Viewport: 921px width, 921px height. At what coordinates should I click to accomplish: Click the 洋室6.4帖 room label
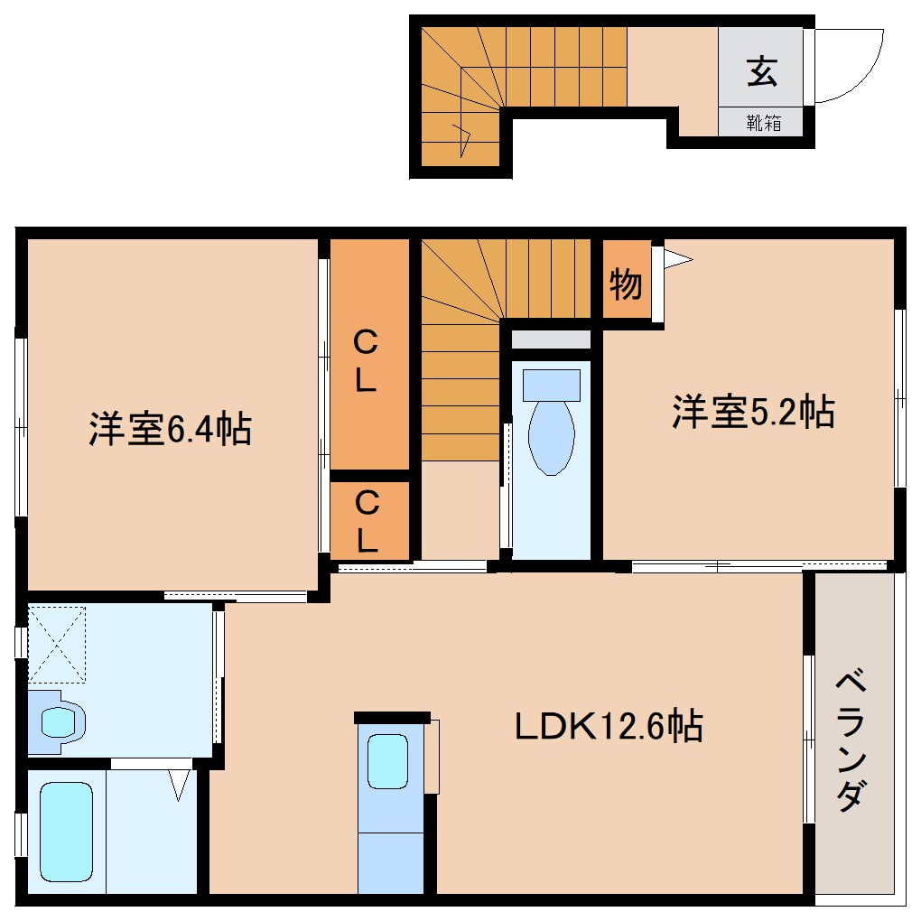[170, 429]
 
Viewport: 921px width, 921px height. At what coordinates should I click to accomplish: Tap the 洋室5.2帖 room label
[752, 412]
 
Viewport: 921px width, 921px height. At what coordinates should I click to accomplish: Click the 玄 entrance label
[761, 71]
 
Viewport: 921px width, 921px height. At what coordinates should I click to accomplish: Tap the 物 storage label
[625, 284]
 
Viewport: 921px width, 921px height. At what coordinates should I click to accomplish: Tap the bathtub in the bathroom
[66, 830]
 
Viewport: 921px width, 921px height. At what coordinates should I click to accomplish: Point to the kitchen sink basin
[389, 762]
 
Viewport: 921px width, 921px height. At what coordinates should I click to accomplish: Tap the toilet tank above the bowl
[551, 385]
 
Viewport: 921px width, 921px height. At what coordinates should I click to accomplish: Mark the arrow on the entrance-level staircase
[465, 140]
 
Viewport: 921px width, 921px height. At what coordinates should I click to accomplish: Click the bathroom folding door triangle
[180, 783]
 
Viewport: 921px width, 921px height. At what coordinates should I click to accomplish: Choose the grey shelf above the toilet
[551, 340]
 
